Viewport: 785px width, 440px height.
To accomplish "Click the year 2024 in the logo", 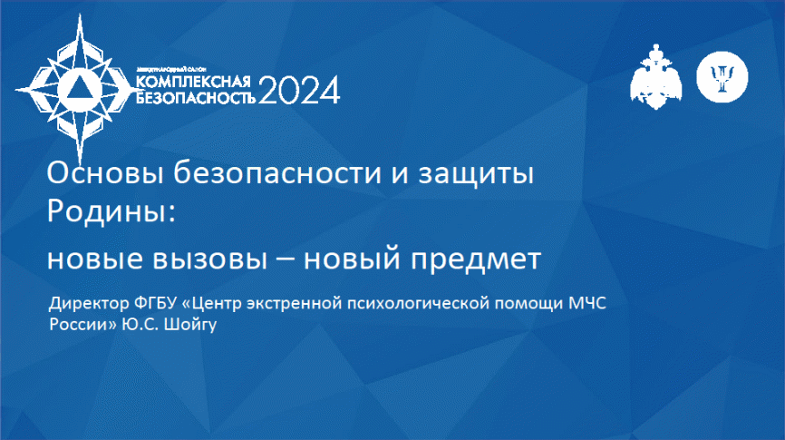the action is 299,91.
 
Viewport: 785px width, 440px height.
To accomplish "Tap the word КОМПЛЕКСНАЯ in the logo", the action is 193,82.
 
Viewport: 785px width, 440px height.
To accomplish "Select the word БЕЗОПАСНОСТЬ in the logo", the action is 196,97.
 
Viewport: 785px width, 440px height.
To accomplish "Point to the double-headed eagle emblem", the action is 656,77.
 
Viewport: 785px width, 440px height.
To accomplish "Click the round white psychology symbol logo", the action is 722,77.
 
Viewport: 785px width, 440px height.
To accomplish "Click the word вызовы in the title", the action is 209,259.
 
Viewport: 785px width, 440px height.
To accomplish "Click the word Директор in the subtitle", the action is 89,304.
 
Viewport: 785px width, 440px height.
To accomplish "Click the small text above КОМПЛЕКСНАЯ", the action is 171,69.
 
